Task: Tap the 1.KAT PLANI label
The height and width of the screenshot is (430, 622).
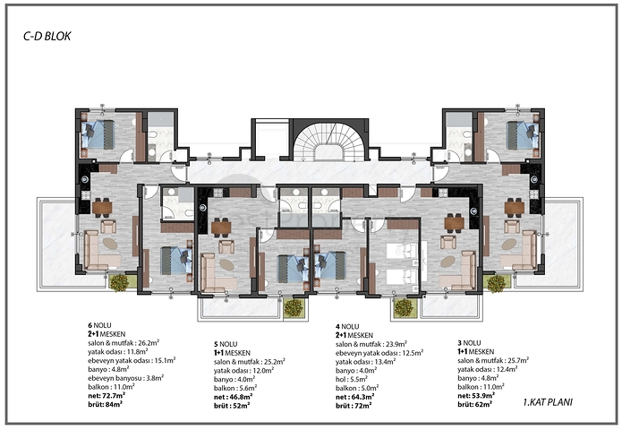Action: tap(547, 402)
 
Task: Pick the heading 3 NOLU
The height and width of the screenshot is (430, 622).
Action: tap(470, 342)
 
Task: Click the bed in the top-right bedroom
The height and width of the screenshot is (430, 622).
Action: tap(518, 135)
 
